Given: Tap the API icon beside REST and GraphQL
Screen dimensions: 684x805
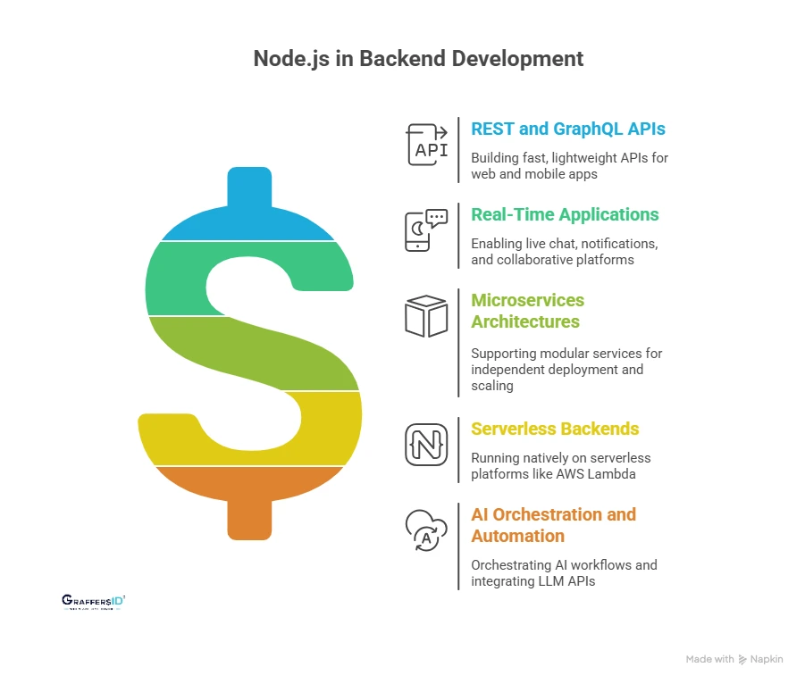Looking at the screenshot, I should point(427,145).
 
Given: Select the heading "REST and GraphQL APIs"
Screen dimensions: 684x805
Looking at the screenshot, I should point(568,129).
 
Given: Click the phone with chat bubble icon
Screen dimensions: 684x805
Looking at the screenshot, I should point(425,230).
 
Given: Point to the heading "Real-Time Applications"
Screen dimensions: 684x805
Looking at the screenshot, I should point(565,214).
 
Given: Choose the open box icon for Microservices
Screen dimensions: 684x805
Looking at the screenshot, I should point(426,316).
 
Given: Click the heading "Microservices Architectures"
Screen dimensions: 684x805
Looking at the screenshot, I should point(527,311).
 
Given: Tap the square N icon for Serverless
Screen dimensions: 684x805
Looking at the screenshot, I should point(426,444).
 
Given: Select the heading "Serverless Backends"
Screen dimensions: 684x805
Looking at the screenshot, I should point(555,429).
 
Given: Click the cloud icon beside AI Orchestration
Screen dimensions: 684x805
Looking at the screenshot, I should point(425,530).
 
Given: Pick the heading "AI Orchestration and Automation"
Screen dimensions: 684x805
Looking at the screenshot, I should point(553,525).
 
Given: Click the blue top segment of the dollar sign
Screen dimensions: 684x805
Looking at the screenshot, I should point(247,214).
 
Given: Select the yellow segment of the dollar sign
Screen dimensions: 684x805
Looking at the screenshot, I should point(313,429).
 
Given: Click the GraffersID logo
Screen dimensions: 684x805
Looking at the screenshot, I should point(93,602).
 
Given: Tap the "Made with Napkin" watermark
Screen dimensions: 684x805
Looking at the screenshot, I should point(734,659).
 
